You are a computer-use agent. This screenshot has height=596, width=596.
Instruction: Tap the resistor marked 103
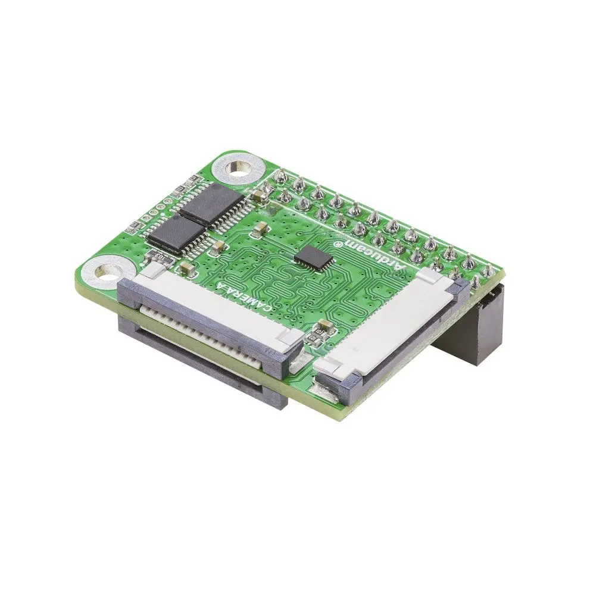point(160,257)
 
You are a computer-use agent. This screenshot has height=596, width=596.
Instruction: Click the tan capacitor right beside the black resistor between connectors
point(325,326)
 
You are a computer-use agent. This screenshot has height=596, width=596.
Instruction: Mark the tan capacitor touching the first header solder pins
point(260,193)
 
